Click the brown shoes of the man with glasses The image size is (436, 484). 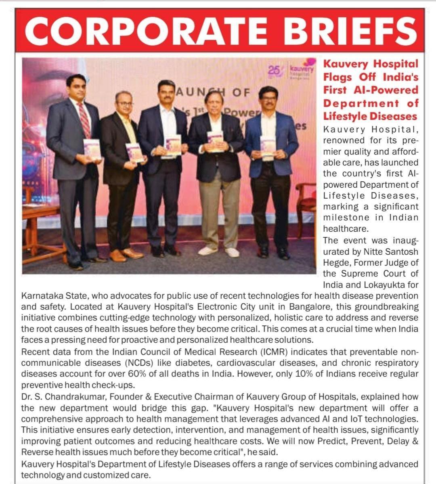tap(125, 254)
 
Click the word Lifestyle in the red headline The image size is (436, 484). tap(344, 116)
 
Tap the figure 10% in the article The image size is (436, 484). tap(305, 374)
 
